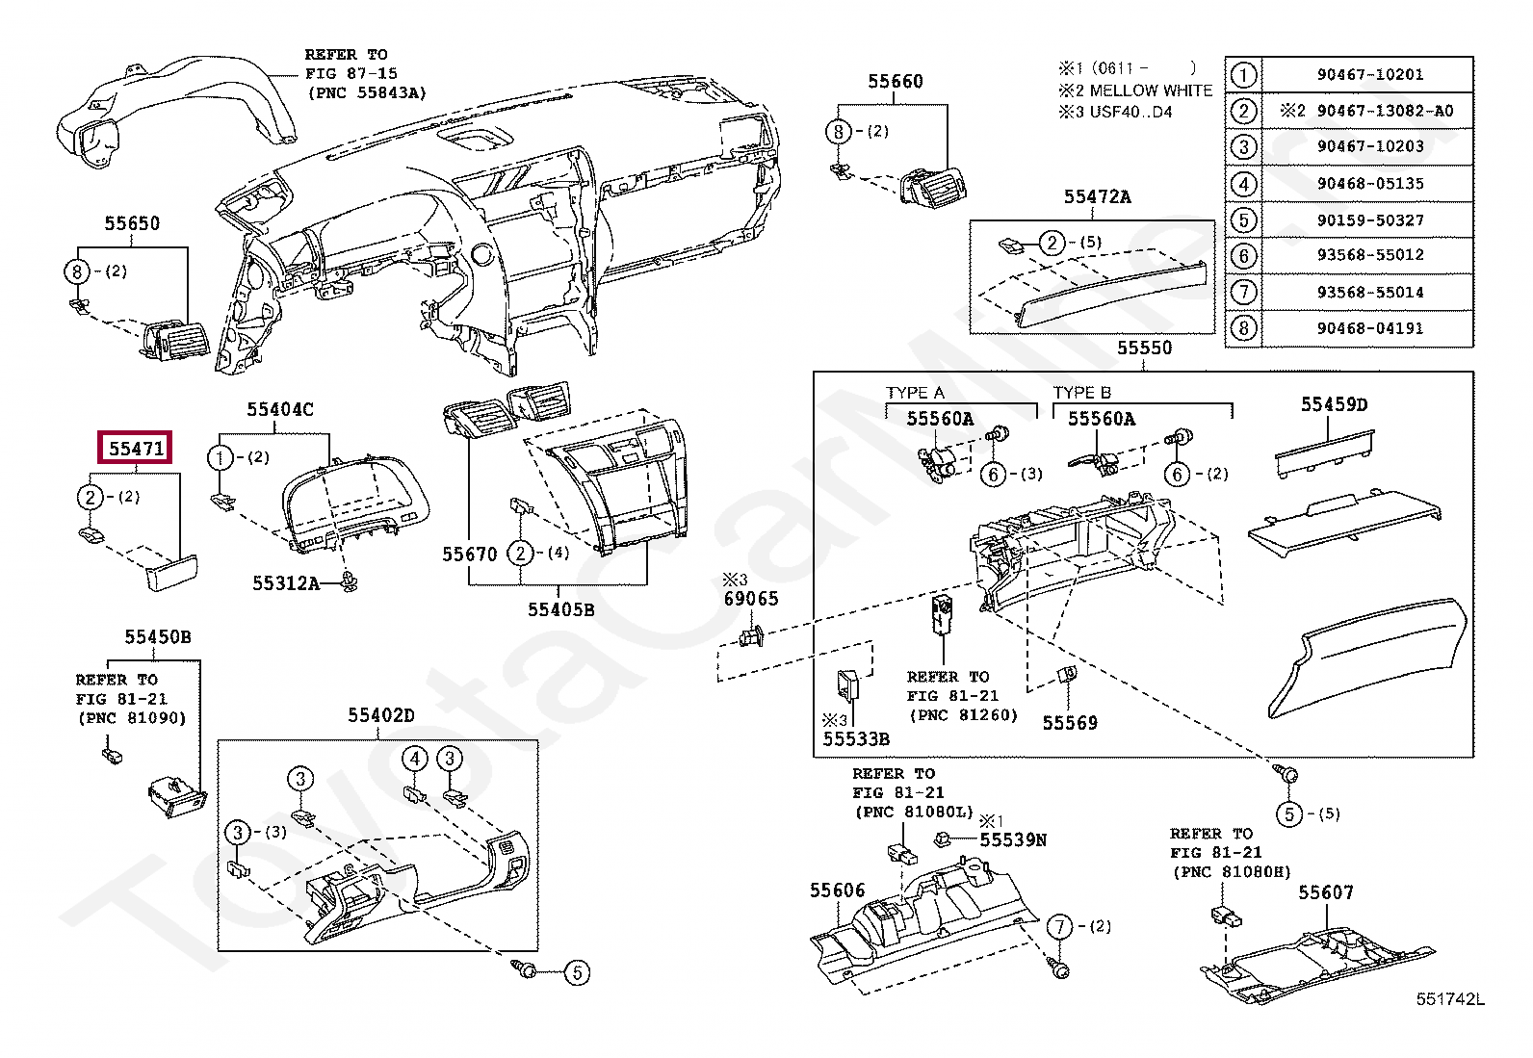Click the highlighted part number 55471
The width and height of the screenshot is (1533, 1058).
tap(136, 448)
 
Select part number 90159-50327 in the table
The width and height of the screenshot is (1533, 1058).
tap(1369, 219)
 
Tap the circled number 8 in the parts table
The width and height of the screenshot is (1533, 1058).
tap(1243, 328)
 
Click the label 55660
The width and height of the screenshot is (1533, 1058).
tap(895, 82)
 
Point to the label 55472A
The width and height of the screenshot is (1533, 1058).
tap(1097, 197)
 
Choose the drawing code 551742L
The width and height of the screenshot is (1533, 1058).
tap(1449, 999)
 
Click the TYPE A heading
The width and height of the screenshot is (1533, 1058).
tap(915, 393)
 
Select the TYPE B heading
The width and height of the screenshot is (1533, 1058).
tap(1081, 393)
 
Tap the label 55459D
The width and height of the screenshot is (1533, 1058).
tap(1334, 404)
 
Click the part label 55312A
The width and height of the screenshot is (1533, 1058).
tap(285, 583)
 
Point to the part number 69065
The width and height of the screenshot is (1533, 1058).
tap(750, 599)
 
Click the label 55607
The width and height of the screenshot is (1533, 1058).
tap(1325, 892)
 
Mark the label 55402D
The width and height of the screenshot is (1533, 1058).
tap(380, 715)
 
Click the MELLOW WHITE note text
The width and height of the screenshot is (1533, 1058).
tap(1151, 90)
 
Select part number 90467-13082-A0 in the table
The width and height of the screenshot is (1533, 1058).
tap(1385, 111)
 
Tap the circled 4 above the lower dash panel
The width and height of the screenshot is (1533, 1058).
tap(415, 759)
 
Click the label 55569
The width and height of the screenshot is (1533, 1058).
tap(1069, 723)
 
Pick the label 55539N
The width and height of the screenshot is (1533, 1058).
tap(1012, 840)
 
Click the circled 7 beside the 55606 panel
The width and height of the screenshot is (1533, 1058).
tap(1060, 926)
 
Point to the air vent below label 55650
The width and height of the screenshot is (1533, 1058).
tap(178, 341)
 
